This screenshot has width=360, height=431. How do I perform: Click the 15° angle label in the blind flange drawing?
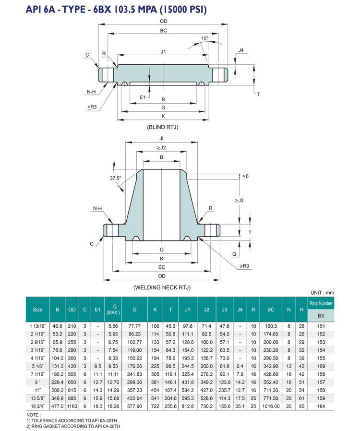[x=205, y=38]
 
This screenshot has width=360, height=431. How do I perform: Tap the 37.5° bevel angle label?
[x=115, y=178]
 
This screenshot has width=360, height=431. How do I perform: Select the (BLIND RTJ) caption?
[x=163, y=127]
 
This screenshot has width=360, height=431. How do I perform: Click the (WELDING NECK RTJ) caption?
[x=162, y=287]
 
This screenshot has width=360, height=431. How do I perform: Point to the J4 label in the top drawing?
[x=241, y=50]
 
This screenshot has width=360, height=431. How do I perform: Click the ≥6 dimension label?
[x=245, y=177]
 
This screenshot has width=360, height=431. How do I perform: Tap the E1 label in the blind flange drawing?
[x=143, y=97]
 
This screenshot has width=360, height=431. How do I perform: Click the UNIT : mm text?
[x=322, y=292]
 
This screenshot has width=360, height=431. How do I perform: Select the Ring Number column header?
[x=321, y=303]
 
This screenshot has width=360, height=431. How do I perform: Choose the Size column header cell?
[x=37, y=310]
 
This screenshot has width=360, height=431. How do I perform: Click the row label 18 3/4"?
[x=37, y=406]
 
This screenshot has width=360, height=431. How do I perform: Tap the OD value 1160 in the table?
[x=72, y=406]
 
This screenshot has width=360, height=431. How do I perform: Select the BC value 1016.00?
[x=270, y=406]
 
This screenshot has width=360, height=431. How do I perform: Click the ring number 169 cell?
[x=321, y=365]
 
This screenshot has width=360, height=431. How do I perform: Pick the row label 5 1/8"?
[x=37, y=365]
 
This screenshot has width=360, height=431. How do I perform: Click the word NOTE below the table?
[x=32, y=415]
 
